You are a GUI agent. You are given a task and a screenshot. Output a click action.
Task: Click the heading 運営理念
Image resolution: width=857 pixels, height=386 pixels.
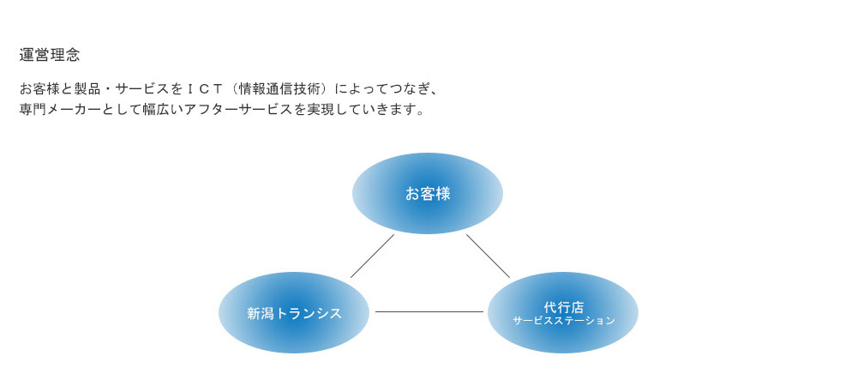(50, 55)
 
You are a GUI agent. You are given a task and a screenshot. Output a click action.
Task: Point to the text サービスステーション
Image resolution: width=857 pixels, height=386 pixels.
(564, 321)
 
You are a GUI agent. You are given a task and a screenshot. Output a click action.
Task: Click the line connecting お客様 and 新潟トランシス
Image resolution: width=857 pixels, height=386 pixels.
(372, 256)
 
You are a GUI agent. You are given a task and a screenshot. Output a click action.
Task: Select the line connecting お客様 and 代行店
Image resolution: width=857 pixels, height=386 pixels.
(488, 256)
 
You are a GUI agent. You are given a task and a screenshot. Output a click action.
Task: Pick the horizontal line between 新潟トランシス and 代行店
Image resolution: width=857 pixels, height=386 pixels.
(428, 311)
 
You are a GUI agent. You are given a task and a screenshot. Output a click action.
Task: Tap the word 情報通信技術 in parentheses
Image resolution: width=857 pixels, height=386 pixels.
(279, 88)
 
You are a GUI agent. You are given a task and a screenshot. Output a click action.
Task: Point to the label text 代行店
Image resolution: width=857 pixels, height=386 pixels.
(564, 307)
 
